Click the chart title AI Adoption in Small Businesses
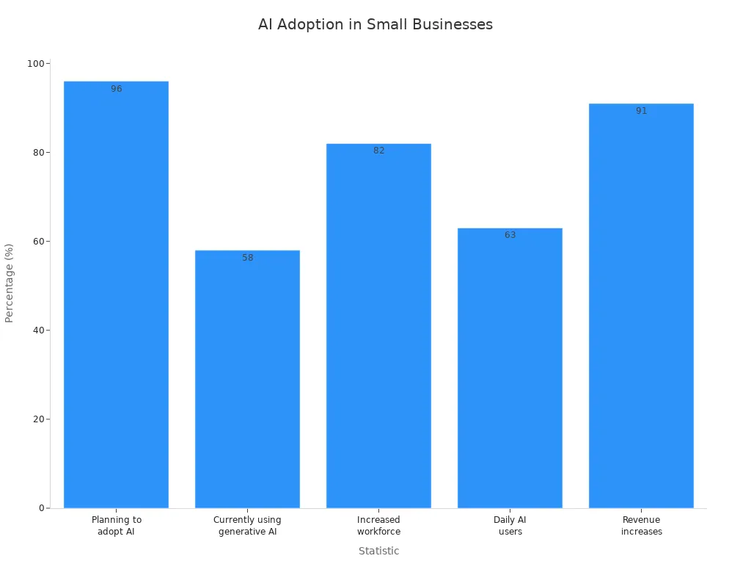point(375,24)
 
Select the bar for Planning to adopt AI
point(116,294)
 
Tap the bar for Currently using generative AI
point(247,379)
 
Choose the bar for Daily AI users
point(510,367)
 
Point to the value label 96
point(117,89)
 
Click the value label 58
point(248,258)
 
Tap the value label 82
point(378,151)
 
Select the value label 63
point(510,235)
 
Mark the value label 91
point(641,111)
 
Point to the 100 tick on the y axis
point(34,64)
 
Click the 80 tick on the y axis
point(37,153)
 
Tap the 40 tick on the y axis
point(37,330)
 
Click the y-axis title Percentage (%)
point(10,283)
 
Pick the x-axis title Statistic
point(378,551)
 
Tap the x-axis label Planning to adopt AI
point(116,526)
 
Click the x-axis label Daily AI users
point(510,526)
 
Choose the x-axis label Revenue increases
point(641,526)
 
